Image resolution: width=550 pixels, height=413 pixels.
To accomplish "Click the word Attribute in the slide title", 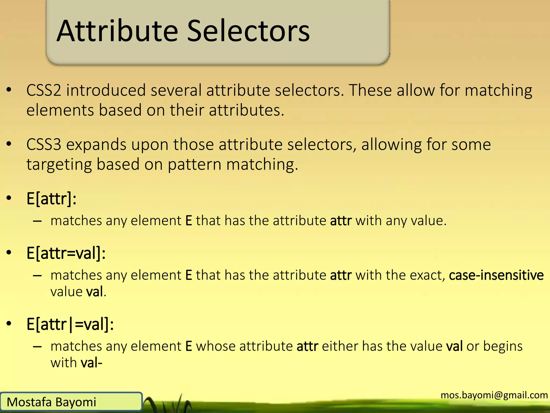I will (x=117, y=31).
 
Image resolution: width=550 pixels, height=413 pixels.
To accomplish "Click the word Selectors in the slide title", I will (x=248, y=31).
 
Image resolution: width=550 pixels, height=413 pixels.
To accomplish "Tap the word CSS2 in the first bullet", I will (x=44, y=90).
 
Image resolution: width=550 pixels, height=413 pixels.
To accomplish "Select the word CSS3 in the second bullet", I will (x=44, y=145).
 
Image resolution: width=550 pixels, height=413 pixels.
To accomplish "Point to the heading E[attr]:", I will (x=51, y=199).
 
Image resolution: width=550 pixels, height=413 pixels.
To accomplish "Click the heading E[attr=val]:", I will (x=66, y=253).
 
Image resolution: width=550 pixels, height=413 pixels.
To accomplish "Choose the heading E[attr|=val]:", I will (x=70, y=324).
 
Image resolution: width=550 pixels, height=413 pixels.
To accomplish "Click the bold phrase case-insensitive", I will (x=496, y=275).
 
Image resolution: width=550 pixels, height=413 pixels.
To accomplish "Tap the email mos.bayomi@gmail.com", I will (x=494, y=395).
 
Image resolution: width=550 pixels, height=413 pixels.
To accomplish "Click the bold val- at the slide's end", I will (x=91, y=363).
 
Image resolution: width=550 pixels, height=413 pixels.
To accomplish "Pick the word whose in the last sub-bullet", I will (x=216, y=346).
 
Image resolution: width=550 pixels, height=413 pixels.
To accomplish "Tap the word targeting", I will (x=59, y=165).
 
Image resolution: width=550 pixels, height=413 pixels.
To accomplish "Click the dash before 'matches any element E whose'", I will (x=37, y=347).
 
